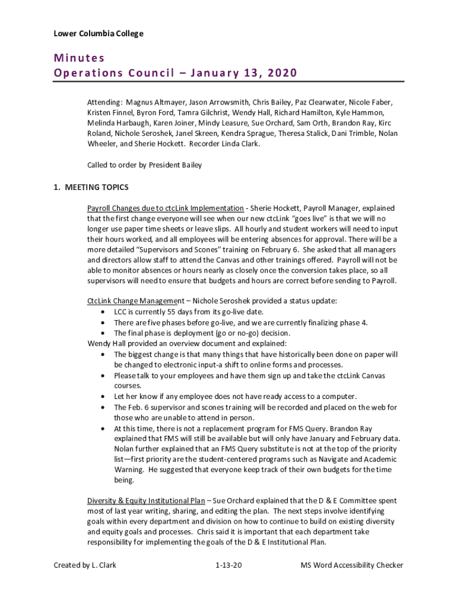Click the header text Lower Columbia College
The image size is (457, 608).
coord(98,34)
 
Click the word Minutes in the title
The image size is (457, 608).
coord(79,58)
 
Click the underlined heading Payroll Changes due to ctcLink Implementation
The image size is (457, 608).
coord(166,208)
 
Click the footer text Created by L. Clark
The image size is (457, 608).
coord(85,565)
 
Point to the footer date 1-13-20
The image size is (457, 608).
coord(229,565)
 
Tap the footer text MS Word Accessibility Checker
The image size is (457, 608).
coord(351,565)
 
